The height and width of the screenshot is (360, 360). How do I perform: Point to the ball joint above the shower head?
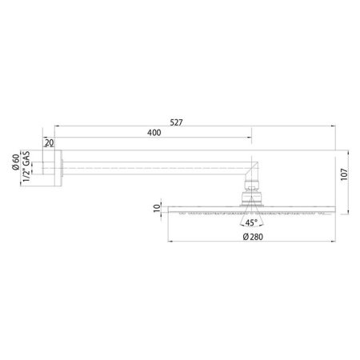point(252,194)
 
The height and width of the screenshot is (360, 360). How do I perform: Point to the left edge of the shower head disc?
point(169,210)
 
